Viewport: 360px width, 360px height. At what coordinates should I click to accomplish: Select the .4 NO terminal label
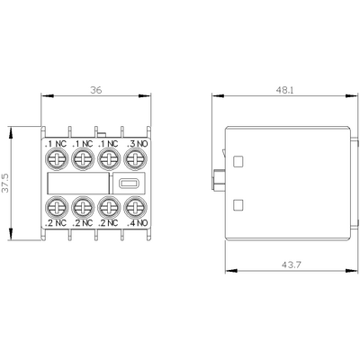[135, 220]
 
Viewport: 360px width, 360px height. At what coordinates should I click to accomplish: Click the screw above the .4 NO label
[135, 206]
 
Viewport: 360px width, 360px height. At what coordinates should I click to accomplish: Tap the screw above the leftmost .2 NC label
[55, 206]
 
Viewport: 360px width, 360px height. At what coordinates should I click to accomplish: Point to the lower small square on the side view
[238, 204]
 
